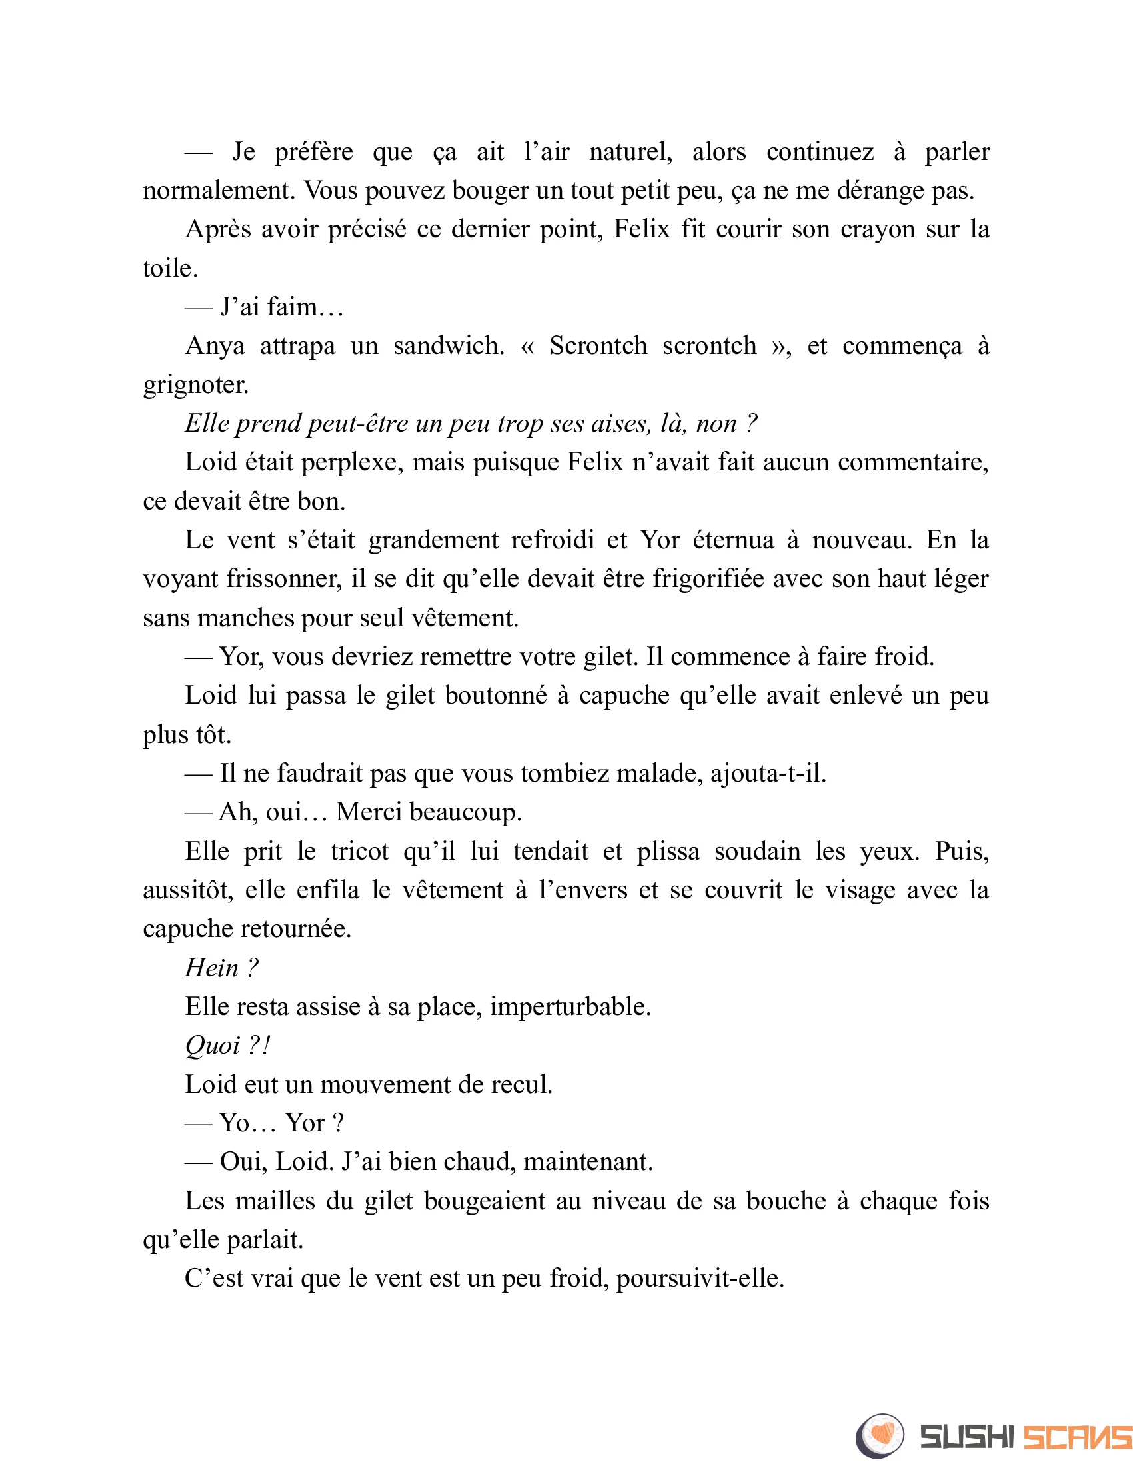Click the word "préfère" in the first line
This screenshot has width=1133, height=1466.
pos(313,153)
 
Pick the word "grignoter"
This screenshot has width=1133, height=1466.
pos(195,385)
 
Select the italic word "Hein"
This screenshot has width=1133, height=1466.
pos(211,969)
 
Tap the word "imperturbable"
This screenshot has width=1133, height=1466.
pos(570,1007)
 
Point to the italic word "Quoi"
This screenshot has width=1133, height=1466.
pos(212,1046)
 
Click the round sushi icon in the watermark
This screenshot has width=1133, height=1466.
pos(879,1436)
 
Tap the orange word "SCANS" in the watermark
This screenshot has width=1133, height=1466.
pos(1076,1437)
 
